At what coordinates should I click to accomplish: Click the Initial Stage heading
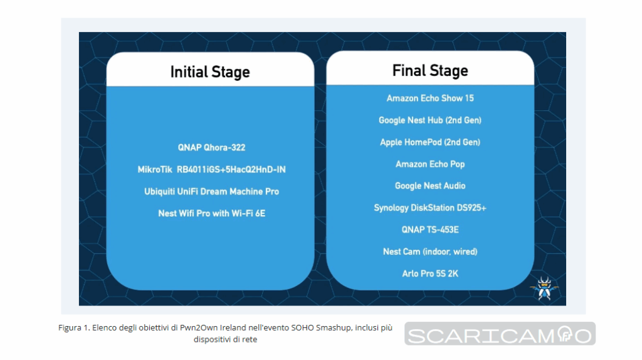210,72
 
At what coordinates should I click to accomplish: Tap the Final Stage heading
430,70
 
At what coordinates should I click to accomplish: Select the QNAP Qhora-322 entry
211,147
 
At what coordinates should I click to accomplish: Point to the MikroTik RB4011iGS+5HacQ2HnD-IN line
211,169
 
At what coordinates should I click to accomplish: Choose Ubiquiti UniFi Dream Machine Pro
211,191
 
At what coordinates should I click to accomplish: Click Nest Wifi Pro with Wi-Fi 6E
211,213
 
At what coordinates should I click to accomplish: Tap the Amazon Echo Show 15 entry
430,98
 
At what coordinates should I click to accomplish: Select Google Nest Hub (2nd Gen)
430,120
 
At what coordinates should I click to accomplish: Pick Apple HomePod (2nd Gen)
430,142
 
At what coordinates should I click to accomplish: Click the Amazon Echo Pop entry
430,164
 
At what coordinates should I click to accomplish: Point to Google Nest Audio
430,186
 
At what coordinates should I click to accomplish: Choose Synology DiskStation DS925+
430,208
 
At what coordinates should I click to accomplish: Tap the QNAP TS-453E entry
430,230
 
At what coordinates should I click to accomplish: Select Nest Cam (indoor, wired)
430,252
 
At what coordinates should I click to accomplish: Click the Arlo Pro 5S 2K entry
430,273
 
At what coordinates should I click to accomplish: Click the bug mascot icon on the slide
544,288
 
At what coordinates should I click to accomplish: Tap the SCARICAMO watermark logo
500,334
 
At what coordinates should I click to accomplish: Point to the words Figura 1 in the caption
74,328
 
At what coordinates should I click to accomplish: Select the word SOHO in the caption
302,328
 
